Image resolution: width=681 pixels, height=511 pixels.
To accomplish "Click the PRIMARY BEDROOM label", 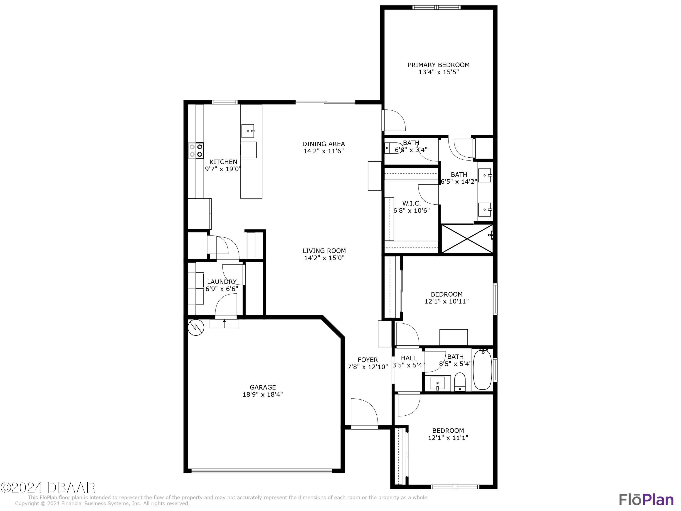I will point(438,65).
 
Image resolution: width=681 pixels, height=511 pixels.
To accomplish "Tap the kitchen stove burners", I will point(196,151).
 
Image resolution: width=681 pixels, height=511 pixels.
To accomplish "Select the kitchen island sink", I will point(248,131).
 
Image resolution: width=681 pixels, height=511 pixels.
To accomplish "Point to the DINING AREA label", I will point(323,144).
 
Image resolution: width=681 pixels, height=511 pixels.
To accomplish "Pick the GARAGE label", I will point(263,387).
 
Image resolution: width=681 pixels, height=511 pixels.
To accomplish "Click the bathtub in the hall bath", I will point(482,369).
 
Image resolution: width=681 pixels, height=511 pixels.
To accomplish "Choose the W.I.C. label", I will point(411,203).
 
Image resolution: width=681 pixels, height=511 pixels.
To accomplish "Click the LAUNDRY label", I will point(222,282).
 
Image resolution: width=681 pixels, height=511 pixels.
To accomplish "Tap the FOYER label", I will point(368,360).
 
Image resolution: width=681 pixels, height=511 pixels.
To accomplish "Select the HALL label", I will point(409,358).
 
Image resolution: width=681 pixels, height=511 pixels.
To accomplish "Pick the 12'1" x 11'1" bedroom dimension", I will point(448,438).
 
